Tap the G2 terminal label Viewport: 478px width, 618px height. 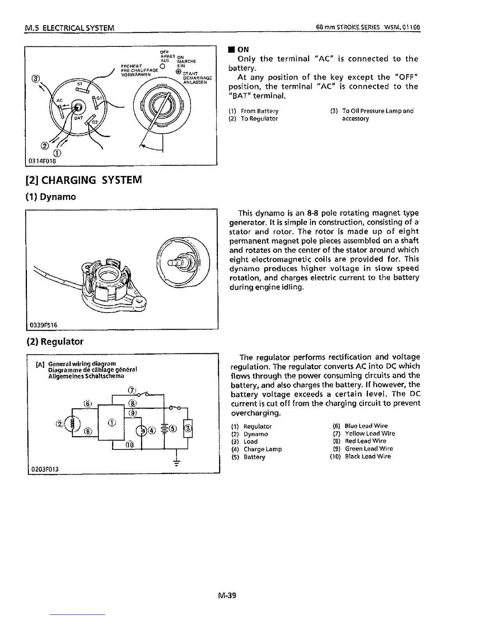(95, 122)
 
